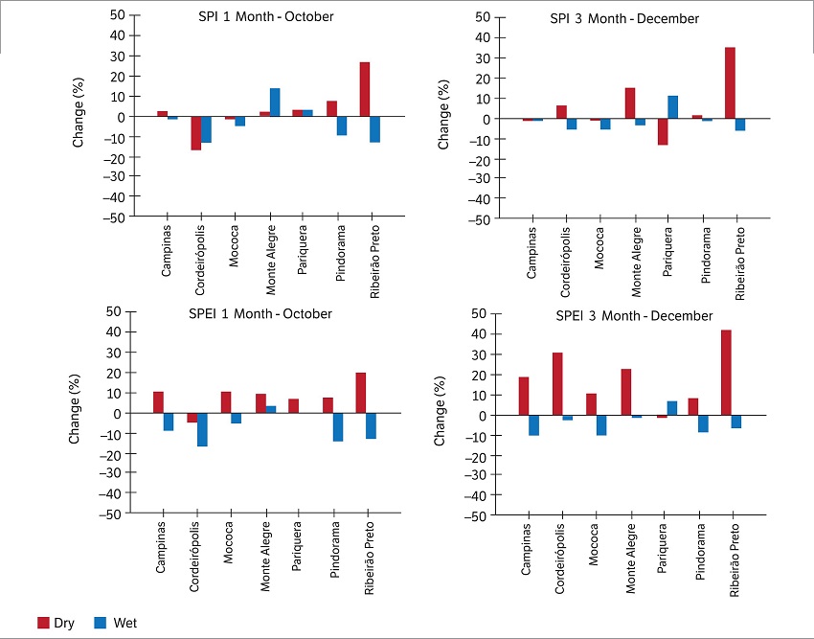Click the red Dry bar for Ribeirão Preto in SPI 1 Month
tap(365, 89)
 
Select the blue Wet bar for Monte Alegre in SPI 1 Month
tap(275, 103)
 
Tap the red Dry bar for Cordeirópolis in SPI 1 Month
tap(195, 133)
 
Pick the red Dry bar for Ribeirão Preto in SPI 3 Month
tap(729, 83)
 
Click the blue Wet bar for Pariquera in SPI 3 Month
tap(672, 107)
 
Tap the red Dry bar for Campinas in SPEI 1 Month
tap(158, 402)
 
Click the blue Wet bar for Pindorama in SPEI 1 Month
tap(337, 427)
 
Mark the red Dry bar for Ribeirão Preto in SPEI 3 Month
tap(726, 373)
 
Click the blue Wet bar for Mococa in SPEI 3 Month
tap(601, 425)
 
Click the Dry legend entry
tap(56, 624)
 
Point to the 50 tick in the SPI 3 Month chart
tap(484, 17)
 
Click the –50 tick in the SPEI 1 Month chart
tap(114, 513)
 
